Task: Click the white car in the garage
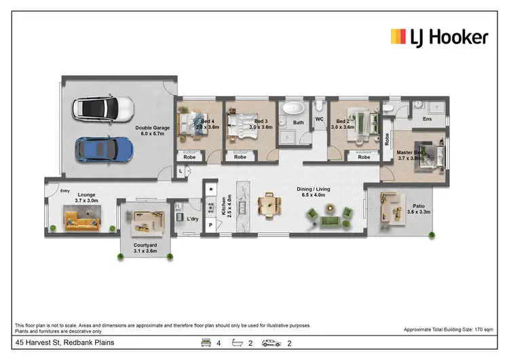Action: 103,107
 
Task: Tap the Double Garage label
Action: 153,130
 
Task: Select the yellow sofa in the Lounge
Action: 82,219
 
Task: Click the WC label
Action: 318,120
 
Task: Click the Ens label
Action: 427,120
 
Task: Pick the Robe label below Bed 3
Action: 240,157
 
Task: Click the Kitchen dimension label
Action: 229,206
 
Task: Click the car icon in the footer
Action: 271,343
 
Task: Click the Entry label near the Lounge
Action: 65,191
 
